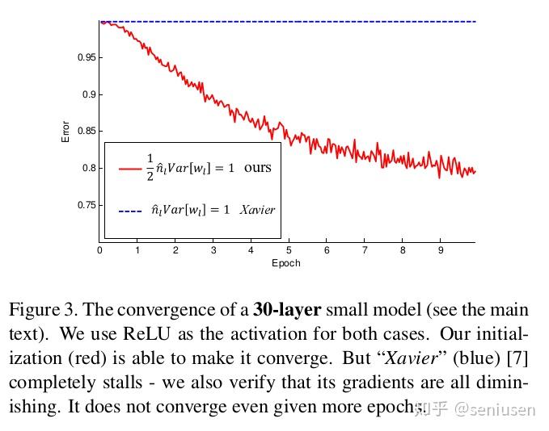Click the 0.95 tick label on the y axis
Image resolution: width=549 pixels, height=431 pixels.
click(87, 58)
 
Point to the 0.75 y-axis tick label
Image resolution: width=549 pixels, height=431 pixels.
click(87, 205)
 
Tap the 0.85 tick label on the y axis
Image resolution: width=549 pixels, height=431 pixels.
click(87, 132)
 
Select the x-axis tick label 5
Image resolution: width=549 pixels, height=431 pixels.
click(289, 251)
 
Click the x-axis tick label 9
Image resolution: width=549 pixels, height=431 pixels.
click(441, 251)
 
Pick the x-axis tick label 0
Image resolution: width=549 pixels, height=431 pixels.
click(99, 251)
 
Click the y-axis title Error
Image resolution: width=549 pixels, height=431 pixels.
click(66, 132)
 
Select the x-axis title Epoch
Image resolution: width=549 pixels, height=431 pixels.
click(286, 263)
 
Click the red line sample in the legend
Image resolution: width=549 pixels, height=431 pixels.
click(130, 169)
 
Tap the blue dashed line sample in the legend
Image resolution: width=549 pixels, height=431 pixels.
click(130, 211)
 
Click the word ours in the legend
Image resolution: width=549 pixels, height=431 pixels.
click(258, 168)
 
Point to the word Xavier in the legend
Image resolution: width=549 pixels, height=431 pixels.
click(257, 210)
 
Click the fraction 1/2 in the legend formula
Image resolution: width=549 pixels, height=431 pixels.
click(150, 167)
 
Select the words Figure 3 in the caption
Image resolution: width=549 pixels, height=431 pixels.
click(43, 310)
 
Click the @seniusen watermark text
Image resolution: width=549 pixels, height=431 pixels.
click(494, 409)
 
